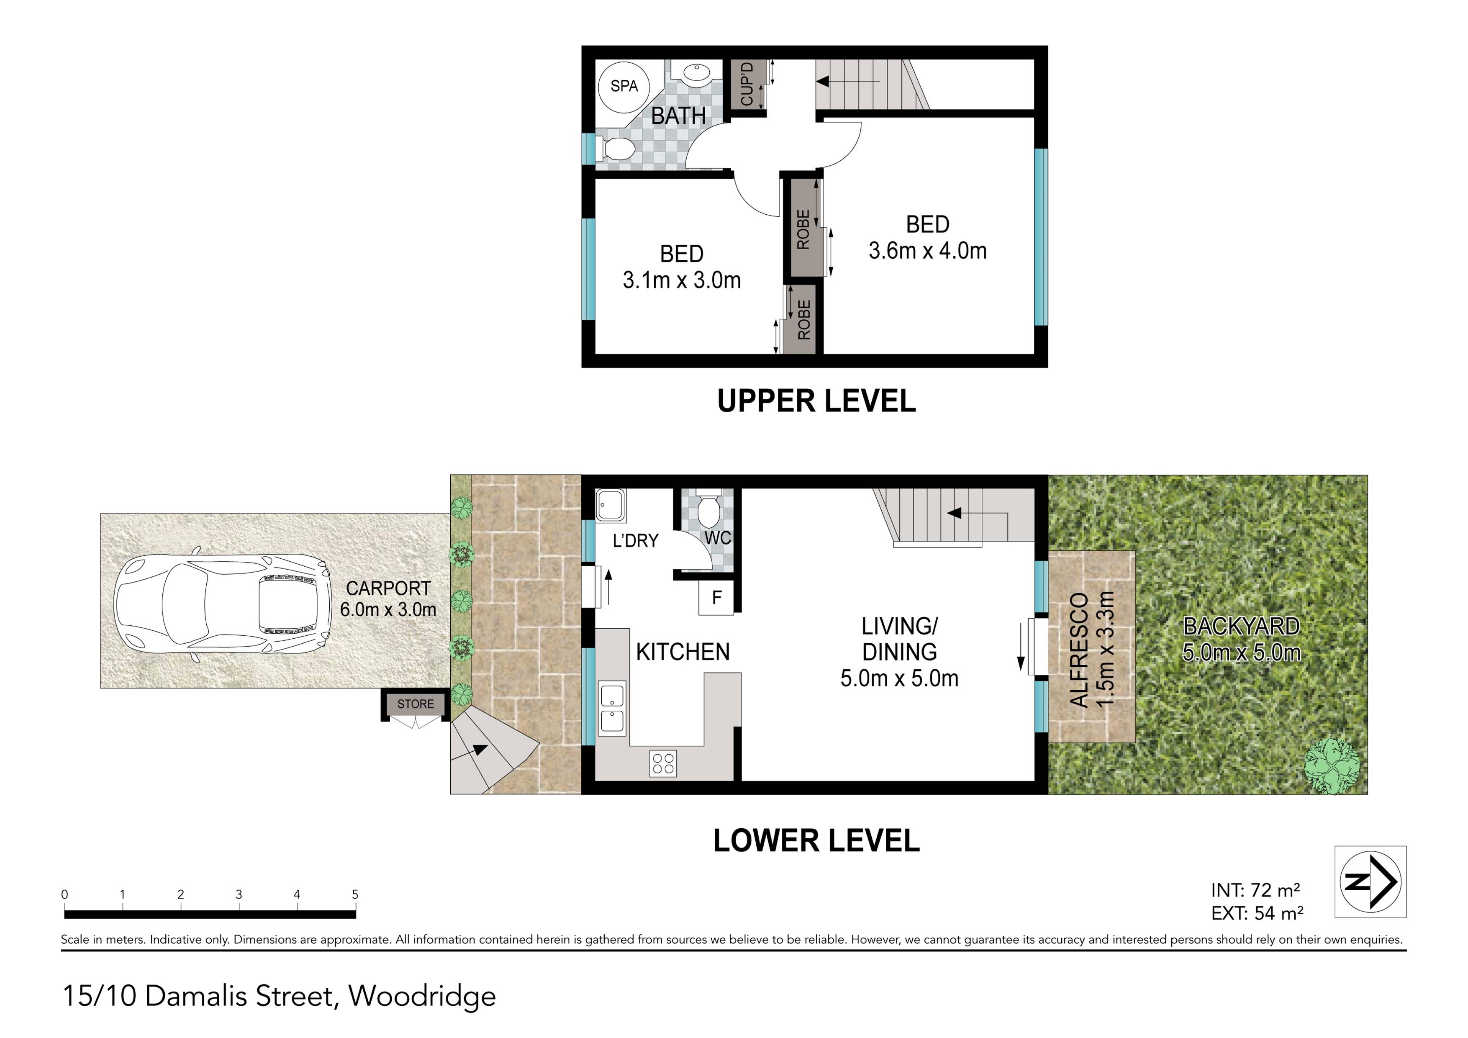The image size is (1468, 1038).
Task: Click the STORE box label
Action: point(416,704)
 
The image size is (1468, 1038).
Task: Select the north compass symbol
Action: point(1370,882)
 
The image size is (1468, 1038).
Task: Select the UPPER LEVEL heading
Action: point(816,401)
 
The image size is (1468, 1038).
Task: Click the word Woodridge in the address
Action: point(422,996)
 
